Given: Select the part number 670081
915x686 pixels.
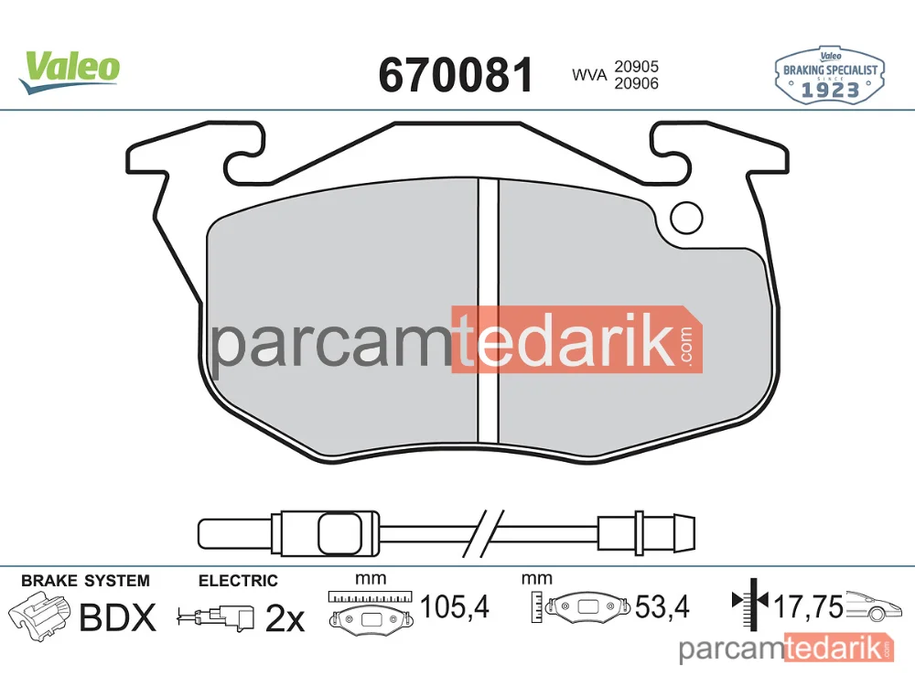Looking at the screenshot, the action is click(x=456, y=75).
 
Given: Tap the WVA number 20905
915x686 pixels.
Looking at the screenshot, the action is click(x=636, y=67).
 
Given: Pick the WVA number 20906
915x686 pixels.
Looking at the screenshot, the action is click(x=636, y=83).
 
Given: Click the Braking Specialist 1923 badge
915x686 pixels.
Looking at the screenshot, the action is click(x=830, y=76).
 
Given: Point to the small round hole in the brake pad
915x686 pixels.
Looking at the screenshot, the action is click(x=686, y=218).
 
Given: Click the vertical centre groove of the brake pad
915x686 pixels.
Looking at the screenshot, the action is click(x=489, y=310).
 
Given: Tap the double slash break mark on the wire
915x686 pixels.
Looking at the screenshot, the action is click(x=482, y=533).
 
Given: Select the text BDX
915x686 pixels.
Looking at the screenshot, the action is click(x=118, y=617).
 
